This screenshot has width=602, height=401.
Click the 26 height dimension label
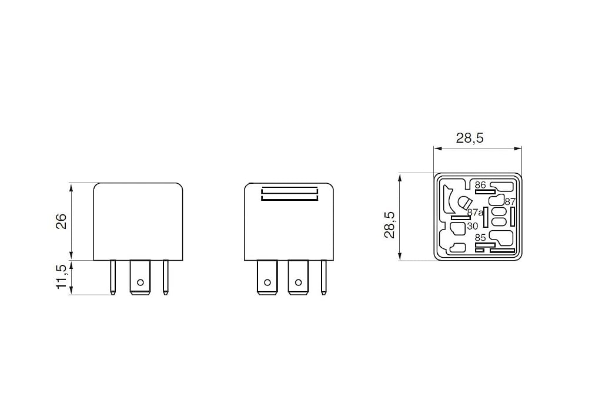pyautogui.click(x=61, y=221)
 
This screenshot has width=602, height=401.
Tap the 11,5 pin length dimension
pyautogui.click(x=61, y=277)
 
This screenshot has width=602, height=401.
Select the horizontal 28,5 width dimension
pyautogui.click(x=470, y=139)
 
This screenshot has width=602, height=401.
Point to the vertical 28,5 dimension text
pyautogui.click(x=389, y=224)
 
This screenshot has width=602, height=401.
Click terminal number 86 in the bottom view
pyautogui.click(x=480, y=185)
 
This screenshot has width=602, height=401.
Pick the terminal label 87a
pyautogui.click(x=475, y=213)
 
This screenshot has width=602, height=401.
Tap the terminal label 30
pyautogui.click(x=472, y=227)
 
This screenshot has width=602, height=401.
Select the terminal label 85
pyautogui.click(x=480, y=238)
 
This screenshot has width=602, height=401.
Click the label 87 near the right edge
pyautogui.click(x=510, y=201)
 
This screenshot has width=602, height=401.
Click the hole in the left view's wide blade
pyautogui.click(x=140, y=282)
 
